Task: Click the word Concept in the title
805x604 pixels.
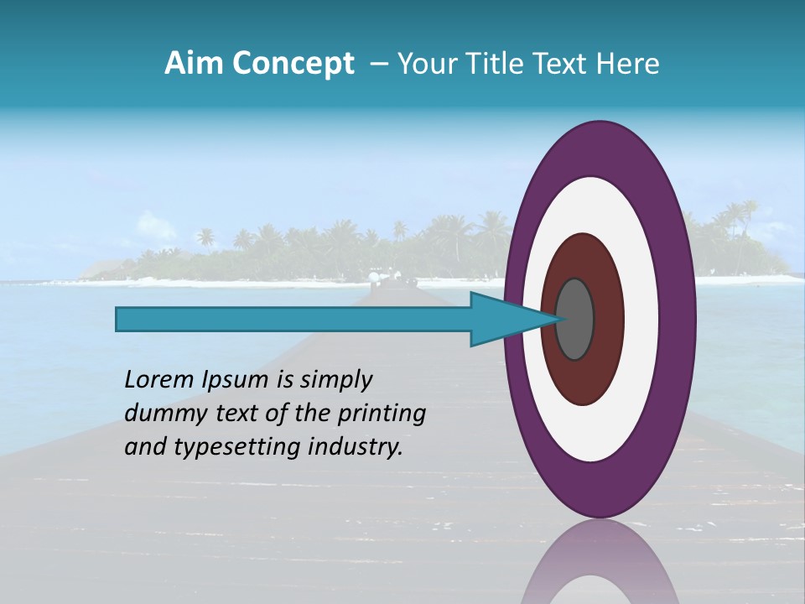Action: [x=293, y=64]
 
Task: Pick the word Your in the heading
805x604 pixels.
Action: [x=424, y=64]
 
